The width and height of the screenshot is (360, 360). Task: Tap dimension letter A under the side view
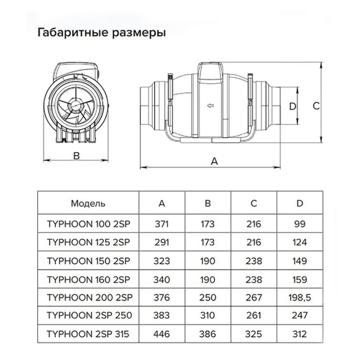(x=214, y=162)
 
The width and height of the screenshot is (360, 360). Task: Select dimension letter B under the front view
(x=76, y=155)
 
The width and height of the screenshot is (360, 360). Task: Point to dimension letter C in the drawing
(x=316, y=106)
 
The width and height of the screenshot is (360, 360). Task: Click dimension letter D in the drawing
(x=292, y=107)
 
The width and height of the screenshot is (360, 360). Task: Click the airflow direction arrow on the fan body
(x=210, y=105)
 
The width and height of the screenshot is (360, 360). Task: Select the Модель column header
(x=88, y=203)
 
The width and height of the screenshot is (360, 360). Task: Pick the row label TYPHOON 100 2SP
(x=88, y=224)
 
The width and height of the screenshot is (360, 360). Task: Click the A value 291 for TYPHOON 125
(x=162, y=243)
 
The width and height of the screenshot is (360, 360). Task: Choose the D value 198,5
(x=299, y=297)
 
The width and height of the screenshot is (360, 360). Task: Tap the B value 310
(x=208, y=315)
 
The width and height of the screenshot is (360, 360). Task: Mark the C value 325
(x=254, y=334)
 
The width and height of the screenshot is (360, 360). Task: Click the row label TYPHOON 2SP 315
(x=88, y=334)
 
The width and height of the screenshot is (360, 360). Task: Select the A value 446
(x=162, y=334)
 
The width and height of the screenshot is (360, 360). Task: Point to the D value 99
(x=300, y=224)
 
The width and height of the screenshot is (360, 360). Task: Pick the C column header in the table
(x=254, y=203)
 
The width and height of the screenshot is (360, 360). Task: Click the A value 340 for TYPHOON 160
(x=162, y=280)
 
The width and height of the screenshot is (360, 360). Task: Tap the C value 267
(x=254, y=297)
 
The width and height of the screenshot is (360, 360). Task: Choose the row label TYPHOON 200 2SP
(x=90, y=297)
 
